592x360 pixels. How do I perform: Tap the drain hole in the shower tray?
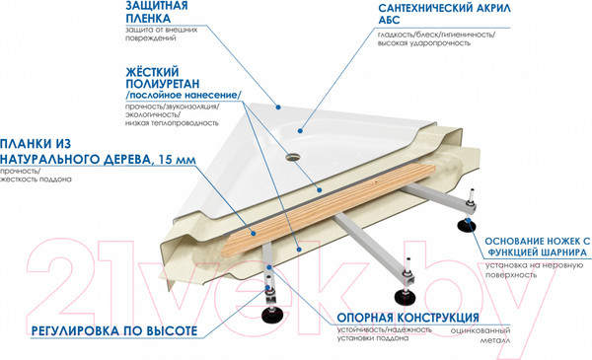click(295, 156)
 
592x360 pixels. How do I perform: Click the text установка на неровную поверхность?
click(533, 273)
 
